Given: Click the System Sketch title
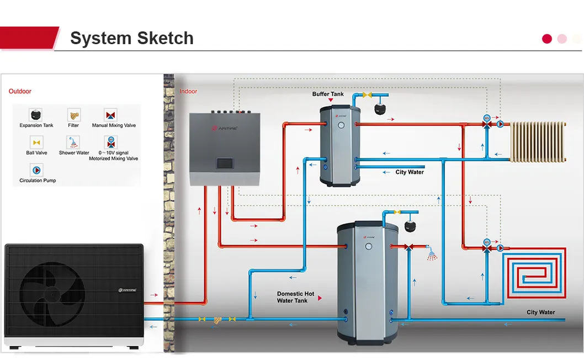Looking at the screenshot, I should (x=131, y=38).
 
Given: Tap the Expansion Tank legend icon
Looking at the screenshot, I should (x=36, y=114).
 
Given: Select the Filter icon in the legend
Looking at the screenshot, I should (x=73, y=114).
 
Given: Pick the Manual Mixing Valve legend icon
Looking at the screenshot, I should (x=111, y=114).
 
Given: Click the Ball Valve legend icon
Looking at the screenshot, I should (x=36, y=142).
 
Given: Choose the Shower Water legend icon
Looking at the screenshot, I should (x=73, y=142).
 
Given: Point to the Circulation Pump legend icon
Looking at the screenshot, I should (x=36, y=170).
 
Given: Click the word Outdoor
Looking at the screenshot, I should (x=20, y=92).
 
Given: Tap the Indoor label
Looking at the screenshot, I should (x=188, y=92).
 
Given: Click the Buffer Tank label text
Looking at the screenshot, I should (x=328, y=94).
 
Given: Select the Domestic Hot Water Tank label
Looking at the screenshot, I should (x=295, y=297).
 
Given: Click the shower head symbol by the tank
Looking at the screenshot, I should (x=432, y=255).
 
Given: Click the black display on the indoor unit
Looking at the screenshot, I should (x=224, y=163).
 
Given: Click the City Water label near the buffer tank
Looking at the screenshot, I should (x=410, y=172).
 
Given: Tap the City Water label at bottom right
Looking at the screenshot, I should (x=540, y=313).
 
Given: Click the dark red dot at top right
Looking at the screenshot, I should (x=547, y=39).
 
